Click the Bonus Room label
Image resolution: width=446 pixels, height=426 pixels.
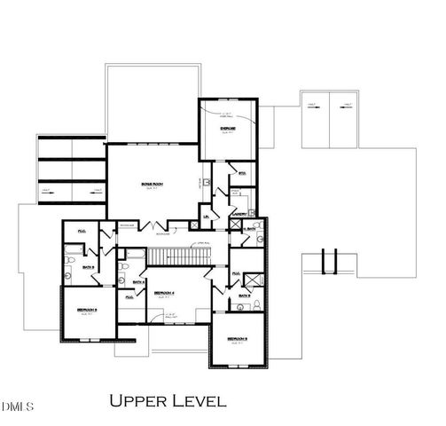tap(153, 184)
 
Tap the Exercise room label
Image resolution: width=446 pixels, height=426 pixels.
tap(227, 129)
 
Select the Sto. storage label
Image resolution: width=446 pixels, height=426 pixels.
tap(242, 172)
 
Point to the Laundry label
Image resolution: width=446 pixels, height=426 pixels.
tap(238, 213)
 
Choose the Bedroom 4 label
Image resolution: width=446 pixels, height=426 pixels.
tap(163, 292)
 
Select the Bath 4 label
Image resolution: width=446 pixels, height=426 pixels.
tap(138, 282)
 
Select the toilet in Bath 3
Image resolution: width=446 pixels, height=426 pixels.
tap(254, 306)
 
